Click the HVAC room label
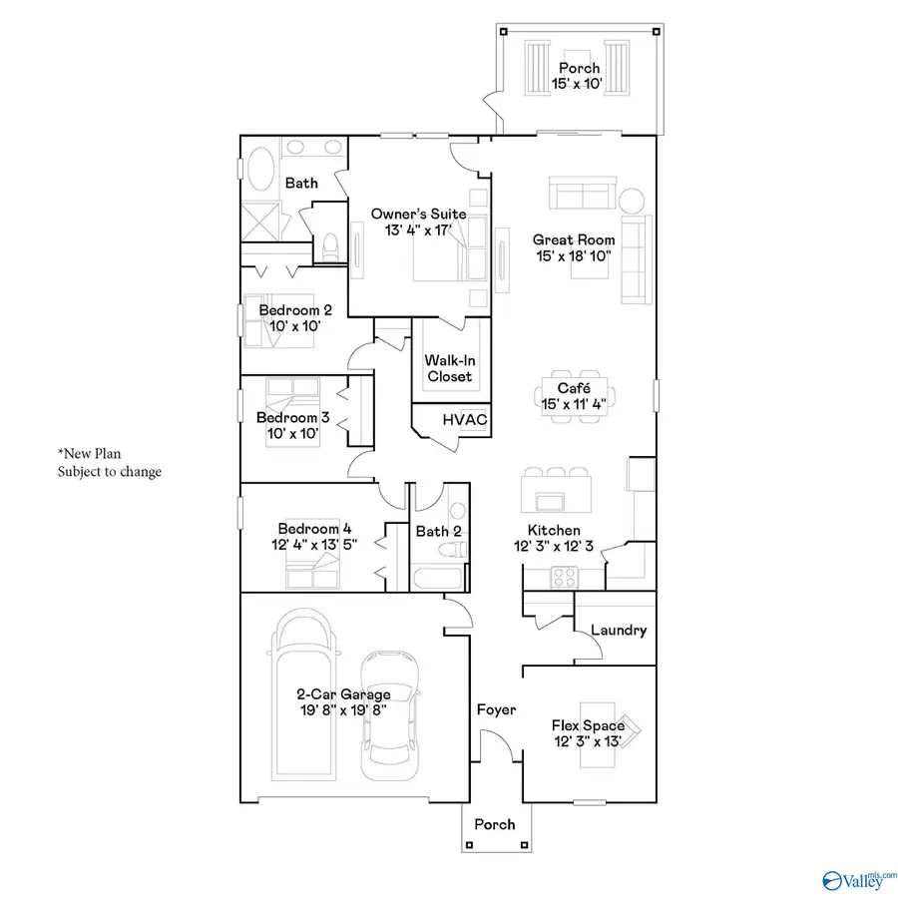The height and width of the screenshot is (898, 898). pyautogui.click(x=465, y=420)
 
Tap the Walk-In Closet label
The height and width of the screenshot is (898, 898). pyautogui.click(x=449, y=368)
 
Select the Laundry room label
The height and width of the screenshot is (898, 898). pyautogui.click(x=619, y=631)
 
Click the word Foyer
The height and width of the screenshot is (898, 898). pyautogui.click(x=496, y=709)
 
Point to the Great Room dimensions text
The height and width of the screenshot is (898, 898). pyautogui.click(x=573, y=256)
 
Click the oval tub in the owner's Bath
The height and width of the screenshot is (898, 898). pyautogui.click(x=261, y=170)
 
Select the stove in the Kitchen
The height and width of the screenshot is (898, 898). pyautogui.click(x=563, y=576)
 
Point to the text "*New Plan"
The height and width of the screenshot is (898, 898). pyautogui.click(x=91, y=454)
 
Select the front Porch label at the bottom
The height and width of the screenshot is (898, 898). pyautogui.click(x=495, y=824)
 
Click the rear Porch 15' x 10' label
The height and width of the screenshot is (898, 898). pyautogui.click(x=579, y=77)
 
